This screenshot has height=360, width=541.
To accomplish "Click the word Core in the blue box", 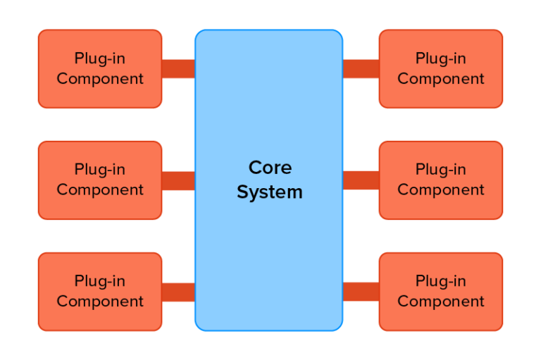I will [x=270, y=168].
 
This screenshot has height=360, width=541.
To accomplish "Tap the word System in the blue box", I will [x=269, y=192].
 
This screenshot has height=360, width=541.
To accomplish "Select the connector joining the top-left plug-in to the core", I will [x=178, y=68].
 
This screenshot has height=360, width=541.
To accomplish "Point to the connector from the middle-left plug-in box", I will [x=178, y=180].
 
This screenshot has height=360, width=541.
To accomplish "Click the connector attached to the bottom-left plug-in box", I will [x=178, y=292].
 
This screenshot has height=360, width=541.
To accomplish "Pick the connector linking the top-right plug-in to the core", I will [x=361, y=68].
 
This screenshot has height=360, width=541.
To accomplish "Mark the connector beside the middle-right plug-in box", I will [x=361, y=180].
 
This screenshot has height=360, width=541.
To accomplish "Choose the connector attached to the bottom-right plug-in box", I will [x=361, y=292].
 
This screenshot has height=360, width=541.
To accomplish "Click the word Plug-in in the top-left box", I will [x=100, y=58].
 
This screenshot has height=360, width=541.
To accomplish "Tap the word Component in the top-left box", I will [x=100, y=79].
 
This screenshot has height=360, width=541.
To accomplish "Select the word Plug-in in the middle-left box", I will [x=100, y=170].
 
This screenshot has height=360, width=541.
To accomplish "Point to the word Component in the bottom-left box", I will [x=100, y=302].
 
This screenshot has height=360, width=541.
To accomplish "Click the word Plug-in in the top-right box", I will [x=441, y=58].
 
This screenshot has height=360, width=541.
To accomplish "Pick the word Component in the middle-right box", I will [x=441, y=190].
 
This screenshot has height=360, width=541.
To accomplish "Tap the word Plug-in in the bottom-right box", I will [x=441, y=281].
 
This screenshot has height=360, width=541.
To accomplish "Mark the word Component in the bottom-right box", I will [x=441, y=302].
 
